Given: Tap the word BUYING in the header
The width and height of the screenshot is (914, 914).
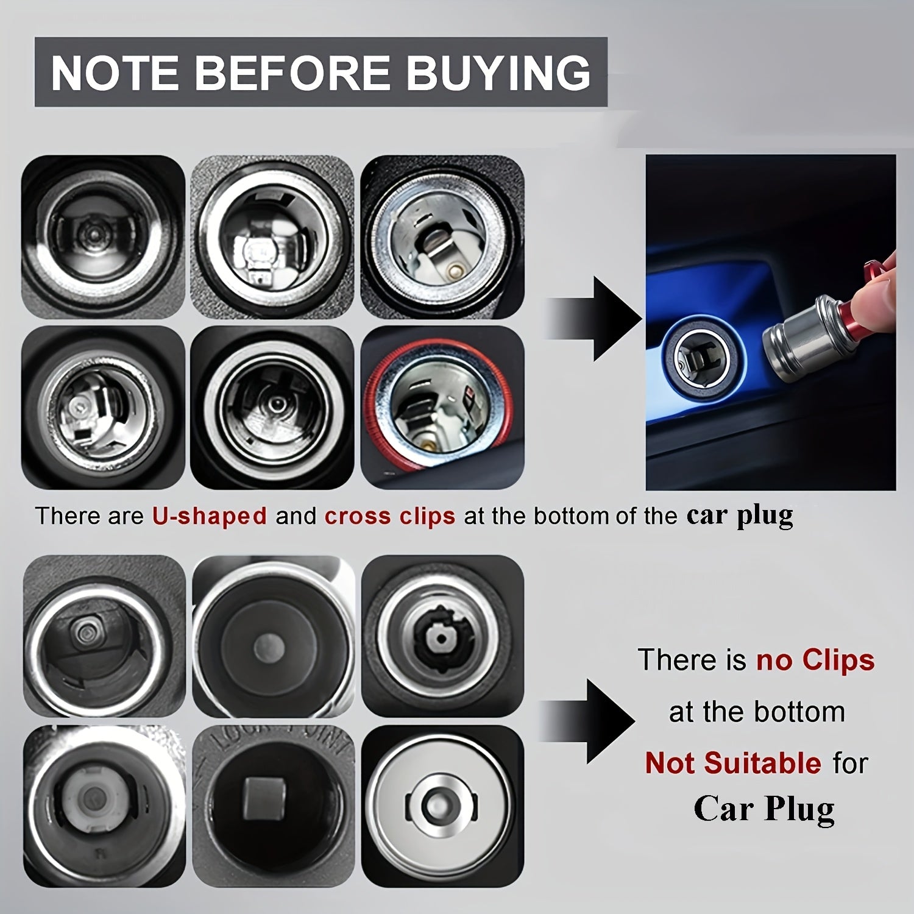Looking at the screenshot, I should pyautogui.click(x=498, y=73).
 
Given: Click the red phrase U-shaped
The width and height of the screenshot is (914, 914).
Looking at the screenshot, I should pyautogui.click(x=209, y=516).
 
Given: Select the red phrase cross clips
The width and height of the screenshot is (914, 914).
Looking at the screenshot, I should pyautogui.click(x=389, y=516).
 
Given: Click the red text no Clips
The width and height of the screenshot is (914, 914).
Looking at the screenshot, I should pyautogui.click(x=815, y=660).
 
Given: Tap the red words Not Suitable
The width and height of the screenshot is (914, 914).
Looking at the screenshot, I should pyautogui.click(x=733, y=763).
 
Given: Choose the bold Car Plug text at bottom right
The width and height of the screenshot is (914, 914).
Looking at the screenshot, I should pyautogui.click(x=763, y=809).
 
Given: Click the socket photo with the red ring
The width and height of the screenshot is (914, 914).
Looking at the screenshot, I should pyautogui.click(x=442, y=407).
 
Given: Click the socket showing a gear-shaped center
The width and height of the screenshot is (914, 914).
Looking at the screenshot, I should pyautogui.click(x=442, y=636).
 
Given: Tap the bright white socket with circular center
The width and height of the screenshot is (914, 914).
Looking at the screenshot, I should pyautogui.click(x=442, y=806).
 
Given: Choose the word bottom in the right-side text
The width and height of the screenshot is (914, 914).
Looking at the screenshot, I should pyautogui.click(x=798, y=712).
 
